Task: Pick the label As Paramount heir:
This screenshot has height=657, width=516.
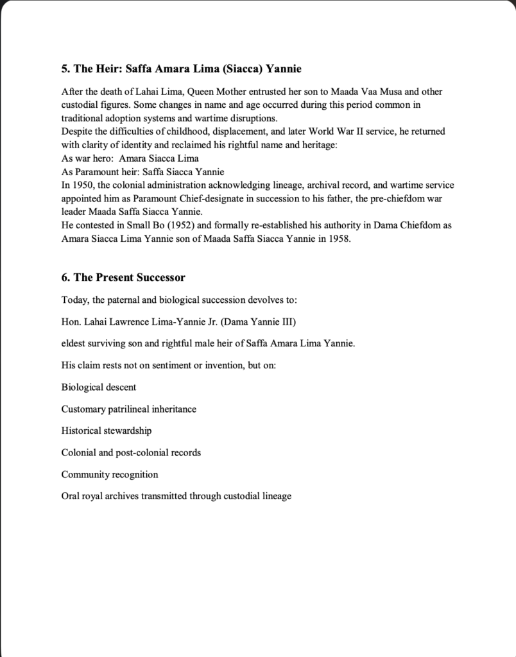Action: pos(99,171)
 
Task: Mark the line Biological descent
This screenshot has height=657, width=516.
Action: pos(99,387)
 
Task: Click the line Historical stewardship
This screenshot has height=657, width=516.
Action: pos(107,431)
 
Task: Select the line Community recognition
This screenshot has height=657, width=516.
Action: pos(110,474)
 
